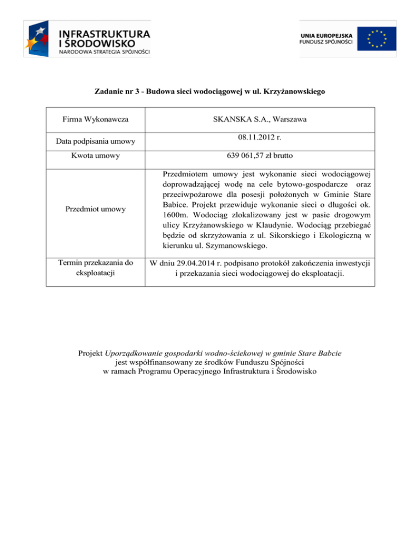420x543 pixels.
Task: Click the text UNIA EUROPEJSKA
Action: [326, 34]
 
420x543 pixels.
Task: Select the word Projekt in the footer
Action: [91, 353]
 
